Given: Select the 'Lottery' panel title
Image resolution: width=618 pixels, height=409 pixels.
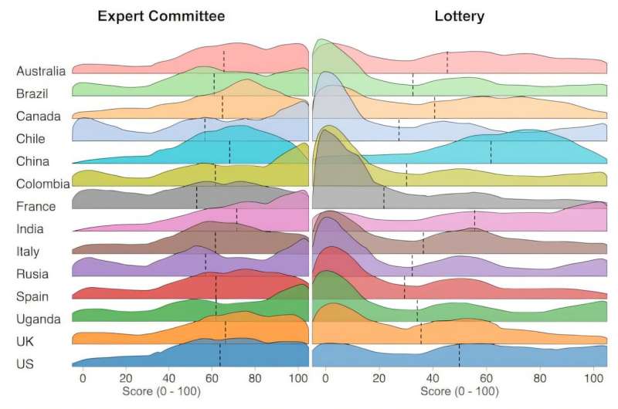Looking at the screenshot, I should point(460,16).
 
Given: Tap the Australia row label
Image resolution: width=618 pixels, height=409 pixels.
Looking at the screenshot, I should point(40,71).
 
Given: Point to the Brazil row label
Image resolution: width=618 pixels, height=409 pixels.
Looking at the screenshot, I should point(32,93).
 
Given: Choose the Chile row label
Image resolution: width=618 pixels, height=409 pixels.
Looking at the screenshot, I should point(30,139).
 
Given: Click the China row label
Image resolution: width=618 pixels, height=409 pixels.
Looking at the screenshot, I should point(32,161).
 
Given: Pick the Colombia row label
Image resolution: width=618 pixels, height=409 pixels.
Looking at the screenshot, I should point(42,184).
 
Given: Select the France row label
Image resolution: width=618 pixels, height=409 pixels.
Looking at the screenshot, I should point(36,206).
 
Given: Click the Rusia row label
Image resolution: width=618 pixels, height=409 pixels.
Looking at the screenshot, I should point(32,274).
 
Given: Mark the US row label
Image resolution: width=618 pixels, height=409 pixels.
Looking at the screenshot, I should point(25,363).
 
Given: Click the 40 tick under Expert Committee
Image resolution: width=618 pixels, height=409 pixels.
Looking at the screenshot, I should point(168,379).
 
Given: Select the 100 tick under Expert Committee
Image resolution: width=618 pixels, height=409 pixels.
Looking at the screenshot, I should point(297,379).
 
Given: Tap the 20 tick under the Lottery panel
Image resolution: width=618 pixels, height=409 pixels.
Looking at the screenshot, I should point(379,379).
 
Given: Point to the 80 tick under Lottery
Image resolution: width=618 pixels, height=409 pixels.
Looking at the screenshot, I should point(539,379).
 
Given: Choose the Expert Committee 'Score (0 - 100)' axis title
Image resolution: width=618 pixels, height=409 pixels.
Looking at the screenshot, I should point(161,392).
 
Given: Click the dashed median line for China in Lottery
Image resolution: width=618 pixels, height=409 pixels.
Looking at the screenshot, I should point(491,152).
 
